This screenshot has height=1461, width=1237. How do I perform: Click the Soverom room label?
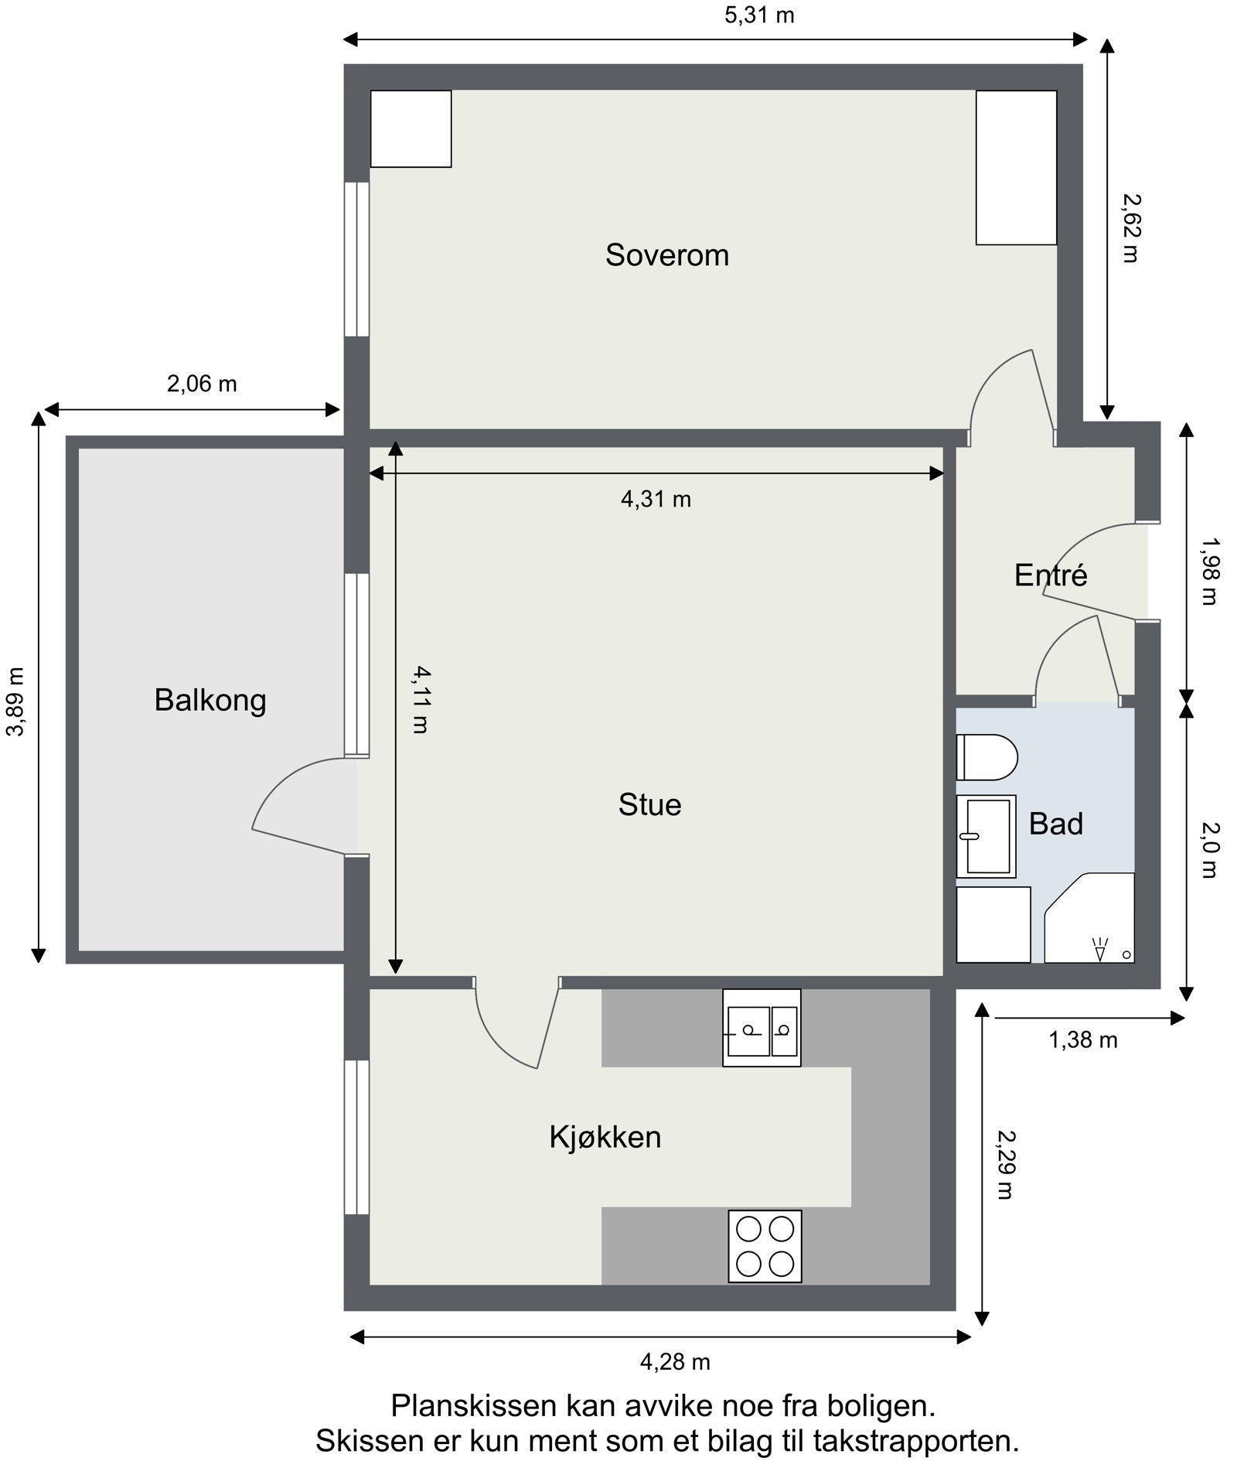tap(666, 255)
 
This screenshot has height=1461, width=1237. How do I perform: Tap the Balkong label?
tap(210, 700)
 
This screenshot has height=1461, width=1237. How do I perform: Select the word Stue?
tap(649, 805)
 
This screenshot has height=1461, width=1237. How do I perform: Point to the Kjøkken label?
tap(605, 1137)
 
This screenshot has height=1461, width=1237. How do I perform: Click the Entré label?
tap(1050, 575)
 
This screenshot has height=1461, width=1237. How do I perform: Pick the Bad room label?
tap(1055, 824)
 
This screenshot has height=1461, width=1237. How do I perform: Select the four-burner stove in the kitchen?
tap(764, 1246)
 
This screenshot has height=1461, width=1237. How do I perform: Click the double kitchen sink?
tap(761, 1029)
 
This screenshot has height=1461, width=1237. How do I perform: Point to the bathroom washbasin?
tap(985, 836)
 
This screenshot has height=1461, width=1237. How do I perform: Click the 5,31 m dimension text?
tap(758, 15)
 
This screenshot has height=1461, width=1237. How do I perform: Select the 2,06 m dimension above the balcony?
tap(201, 384)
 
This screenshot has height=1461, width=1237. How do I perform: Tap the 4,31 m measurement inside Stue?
tap(656, 500)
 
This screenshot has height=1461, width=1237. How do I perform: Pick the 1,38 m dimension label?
tap(1082, 1040)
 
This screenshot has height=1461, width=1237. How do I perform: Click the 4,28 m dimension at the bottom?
tap(674, 1361)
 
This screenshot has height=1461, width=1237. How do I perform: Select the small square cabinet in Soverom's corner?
tap(411, 128)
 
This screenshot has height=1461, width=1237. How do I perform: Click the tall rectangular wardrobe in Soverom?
tap(1015, 167)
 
